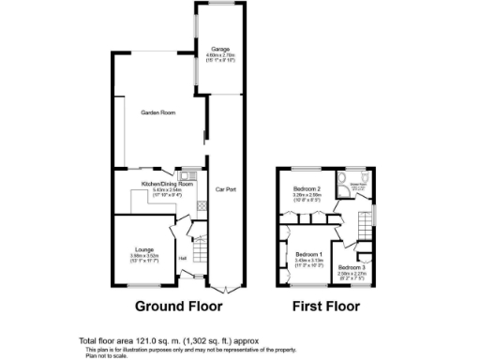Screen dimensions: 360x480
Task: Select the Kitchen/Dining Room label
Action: (x=167, y=184)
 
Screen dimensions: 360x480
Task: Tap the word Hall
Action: (x=183, y=257)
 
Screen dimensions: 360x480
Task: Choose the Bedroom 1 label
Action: (x=308, y=255)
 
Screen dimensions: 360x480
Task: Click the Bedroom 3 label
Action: (x=353, y=268)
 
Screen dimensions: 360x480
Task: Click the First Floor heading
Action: (x=326, y=307)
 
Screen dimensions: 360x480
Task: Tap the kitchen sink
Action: (x=187, y=174)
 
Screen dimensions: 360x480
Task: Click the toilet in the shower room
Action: (x=367, y=176)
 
